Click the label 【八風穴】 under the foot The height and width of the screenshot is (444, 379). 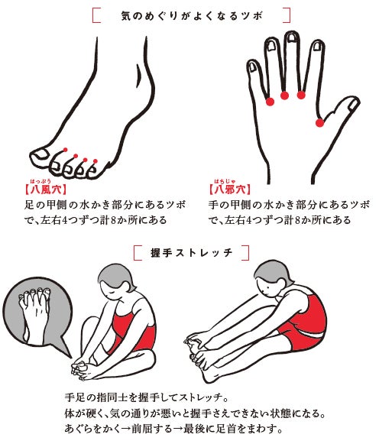click(x=45, y=190)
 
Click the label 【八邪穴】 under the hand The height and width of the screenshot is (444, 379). click(x=230, y=190)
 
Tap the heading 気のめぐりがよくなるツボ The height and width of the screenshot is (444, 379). click(x=192, y=15)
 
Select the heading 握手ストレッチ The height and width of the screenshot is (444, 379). click(x=192, y=252)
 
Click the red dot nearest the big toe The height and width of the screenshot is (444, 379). click(x=66, y=150)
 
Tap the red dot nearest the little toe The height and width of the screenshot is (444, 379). click(x=96, y=161)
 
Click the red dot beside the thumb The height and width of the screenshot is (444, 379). click(x=320, y=123)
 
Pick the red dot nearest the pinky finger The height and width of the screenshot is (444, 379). click(x=270, y=102)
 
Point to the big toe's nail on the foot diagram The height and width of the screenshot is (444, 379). click(x=40, y=154)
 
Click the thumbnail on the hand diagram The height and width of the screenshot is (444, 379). click(x=352, y=105)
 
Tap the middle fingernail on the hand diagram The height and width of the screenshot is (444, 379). click(x=291, y=39)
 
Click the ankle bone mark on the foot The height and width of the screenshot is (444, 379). click(x=139, y=75)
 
